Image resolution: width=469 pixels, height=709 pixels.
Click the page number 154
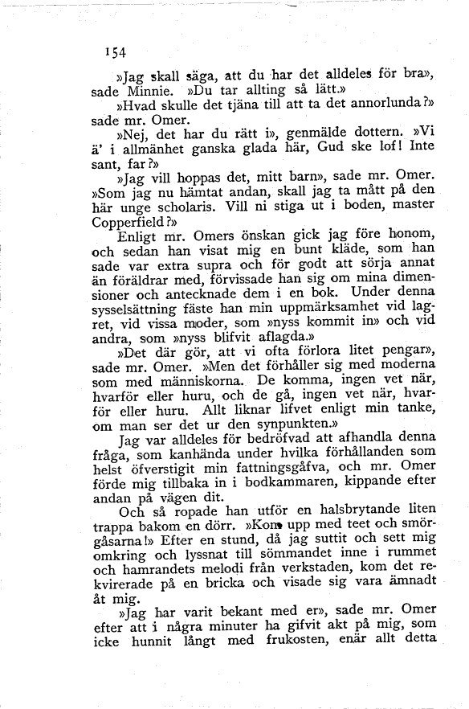pyautogui.click(x=116, y=52)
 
